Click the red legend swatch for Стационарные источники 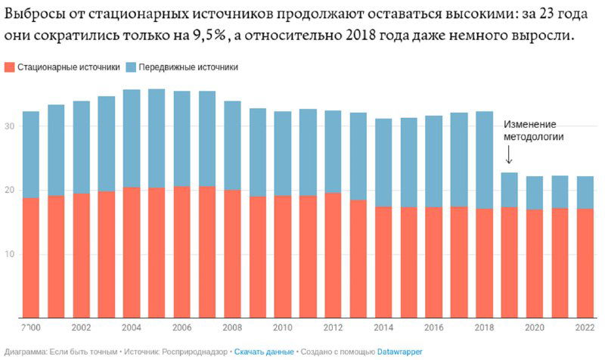click(8, 67)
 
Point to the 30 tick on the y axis click(8, 126)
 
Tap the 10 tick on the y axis click(8, 253)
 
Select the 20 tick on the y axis click(8, 190)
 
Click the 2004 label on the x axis click(132, 328)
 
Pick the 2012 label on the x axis click(333, 328)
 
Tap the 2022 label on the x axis click(585, 328)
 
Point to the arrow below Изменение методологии click(509, 155)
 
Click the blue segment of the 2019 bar click(509, 190)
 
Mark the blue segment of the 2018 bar click(484, 160)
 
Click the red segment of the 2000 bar click(31, 257)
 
